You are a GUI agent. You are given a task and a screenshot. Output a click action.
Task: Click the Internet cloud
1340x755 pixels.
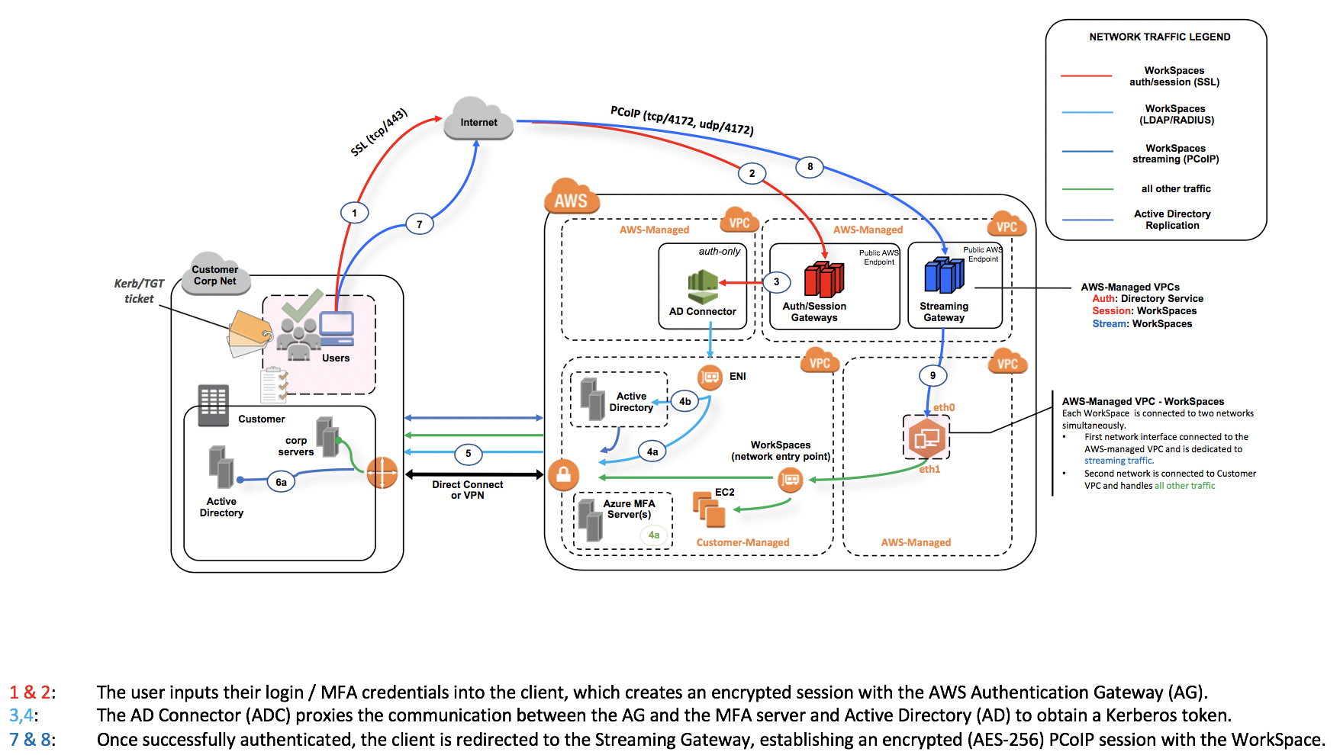(478, 120)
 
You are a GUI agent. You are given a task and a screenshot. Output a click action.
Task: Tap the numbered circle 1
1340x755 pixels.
(354, 213)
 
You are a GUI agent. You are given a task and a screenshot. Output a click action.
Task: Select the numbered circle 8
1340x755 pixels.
(810, 167)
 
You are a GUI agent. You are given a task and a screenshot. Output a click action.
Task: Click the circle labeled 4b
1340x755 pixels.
(685, 402)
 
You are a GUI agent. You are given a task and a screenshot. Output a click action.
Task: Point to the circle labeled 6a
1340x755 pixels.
(281, 482)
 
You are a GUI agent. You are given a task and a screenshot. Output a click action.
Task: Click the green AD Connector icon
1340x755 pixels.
(703, 286)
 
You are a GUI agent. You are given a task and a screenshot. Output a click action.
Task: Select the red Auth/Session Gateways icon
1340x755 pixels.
(824, 279)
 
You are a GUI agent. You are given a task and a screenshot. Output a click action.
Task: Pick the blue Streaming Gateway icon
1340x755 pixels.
(944, 275)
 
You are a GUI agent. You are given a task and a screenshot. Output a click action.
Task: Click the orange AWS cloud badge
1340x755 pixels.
(571, 198)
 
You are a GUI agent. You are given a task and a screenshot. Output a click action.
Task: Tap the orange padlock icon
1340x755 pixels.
(563, 475)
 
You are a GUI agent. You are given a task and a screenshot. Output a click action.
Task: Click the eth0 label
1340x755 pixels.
(944, 408)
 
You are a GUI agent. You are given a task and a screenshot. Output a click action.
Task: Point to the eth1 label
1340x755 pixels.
(929, 470)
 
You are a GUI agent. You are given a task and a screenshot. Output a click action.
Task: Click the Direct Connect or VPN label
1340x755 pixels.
(467, 490)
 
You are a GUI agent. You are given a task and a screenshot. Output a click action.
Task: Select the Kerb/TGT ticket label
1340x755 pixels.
(139, 291)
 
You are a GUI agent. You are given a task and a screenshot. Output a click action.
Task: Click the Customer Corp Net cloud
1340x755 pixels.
(215, 275)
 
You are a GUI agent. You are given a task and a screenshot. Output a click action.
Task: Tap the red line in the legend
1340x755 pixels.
(1086, 76)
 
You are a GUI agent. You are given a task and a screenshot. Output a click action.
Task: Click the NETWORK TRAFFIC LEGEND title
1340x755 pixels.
(1159, 37)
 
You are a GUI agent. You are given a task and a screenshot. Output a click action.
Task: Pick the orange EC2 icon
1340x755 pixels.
(709, 509)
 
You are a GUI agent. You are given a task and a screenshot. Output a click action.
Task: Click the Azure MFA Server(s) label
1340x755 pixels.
(629, 509)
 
